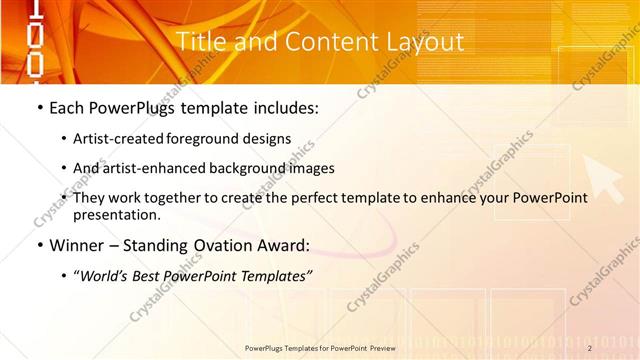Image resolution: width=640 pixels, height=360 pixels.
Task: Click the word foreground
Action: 211,139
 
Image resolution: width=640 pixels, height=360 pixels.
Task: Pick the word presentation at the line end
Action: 116,214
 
